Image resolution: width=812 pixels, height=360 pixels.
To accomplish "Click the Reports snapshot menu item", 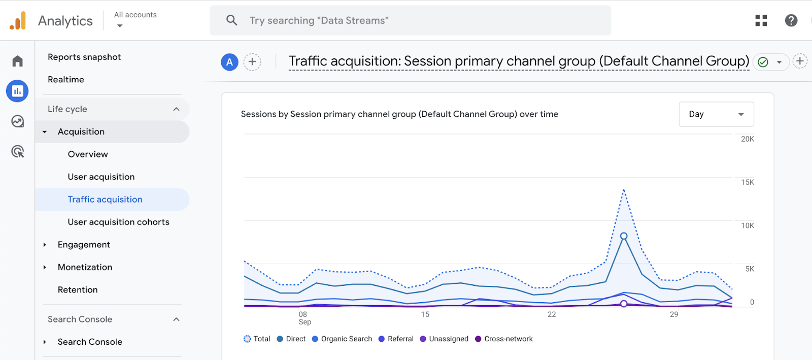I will [x=84, y=57].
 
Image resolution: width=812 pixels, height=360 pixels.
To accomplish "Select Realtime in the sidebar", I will [x=66, y=80].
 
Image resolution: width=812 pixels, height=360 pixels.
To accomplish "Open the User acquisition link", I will [x=101, y=177].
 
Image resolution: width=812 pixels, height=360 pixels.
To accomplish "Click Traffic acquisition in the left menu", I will [x=105, y=200].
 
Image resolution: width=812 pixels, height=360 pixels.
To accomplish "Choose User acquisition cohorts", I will [x=118, y=222].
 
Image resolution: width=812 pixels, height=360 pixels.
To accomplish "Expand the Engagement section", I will [x=84, y=245].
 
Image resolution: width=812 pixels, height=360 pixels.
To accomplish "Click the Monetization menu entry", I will [x=85, y=267].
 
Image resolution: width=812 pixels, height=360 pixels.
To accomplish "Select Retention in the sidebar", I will [x=78, y=290].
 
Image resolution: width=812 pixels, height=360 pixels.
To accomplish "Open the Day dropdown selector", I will [x=716, y=114].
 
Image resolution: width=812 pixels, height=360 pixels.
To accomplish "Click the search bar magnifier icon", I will [x=232, y=20].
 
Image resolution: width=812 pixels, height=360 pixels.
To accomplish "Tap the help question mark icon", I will [x=791, y=20].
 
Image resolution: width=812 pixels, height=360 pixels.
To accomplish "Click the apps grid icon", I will [x=761, y=20].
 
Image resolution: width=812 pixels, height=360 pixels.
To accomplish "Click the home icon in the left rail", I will [x=18, y=61].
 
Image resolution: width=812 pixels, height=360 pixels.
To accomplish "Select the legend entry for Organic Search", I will [x=342, y=339].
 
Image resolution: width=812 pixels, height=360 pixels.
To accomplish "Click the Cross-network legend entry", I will [x=504, y=339].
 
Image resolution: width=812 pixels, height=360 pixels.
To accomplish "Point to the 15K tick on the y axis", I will [x=747, y=182].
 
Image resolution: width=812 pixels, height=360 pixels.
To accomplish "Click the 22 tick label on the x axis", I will [x=552, y=314].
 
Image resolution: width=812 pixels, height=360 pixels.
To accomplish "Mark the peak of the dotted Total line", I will [x=624, y=190].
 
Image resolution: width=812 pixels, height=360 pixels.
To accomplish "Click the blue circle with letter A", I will [x=229, y=62].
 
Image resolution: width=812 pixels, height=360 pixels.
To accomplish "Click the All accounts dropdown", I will [x=135, y=20].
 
